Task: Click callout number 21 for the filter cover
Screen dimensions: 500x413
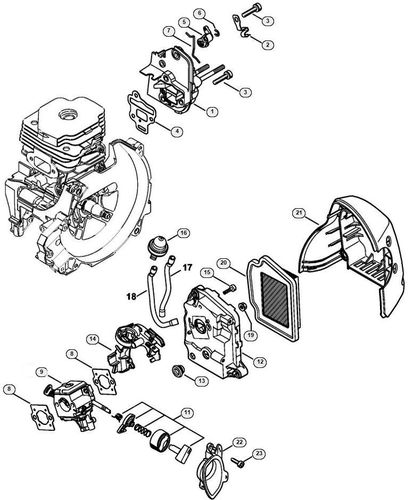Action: pos(299,212)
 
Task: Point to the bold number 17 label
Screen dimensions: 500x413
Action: pos(186,267)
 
